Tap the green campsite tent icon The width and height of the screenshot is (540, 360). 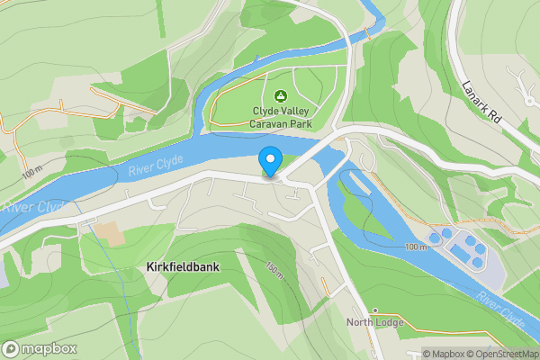pos(280,95)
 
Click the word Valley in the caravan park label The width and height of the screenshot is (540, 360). pos(293,112)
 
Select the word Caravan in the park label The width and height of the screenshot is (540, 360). pos(270,125)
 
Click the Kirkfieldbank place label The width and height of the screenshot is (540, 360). pos(183,267)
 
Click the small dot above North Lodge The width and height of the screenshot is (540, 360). pos(374,310)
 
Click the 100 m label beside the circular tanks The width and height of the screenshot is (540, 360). pos(417,247)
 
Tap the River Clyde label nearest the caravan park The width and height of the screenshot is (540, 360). pos(155,164)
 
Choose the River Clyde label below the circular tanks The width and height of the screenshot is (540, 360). pos(501,310)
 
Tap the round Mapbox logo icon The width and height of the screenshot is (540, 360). pos(11,349)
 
